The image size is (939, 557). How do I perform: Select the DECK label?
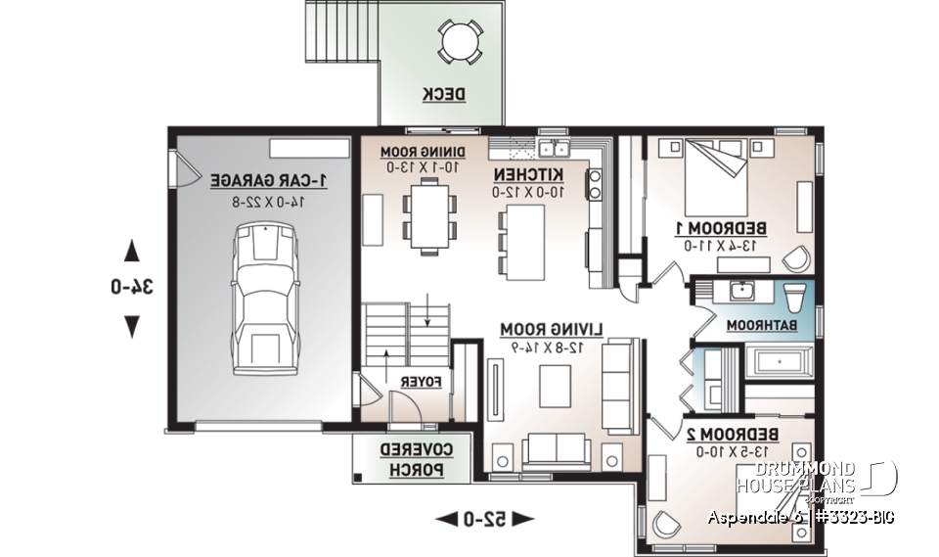[443, 95]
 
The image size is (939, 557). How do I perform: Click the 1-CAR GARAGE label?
[269, 181]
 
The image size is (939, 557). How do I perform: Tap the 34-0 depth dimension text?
[132, 287]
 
